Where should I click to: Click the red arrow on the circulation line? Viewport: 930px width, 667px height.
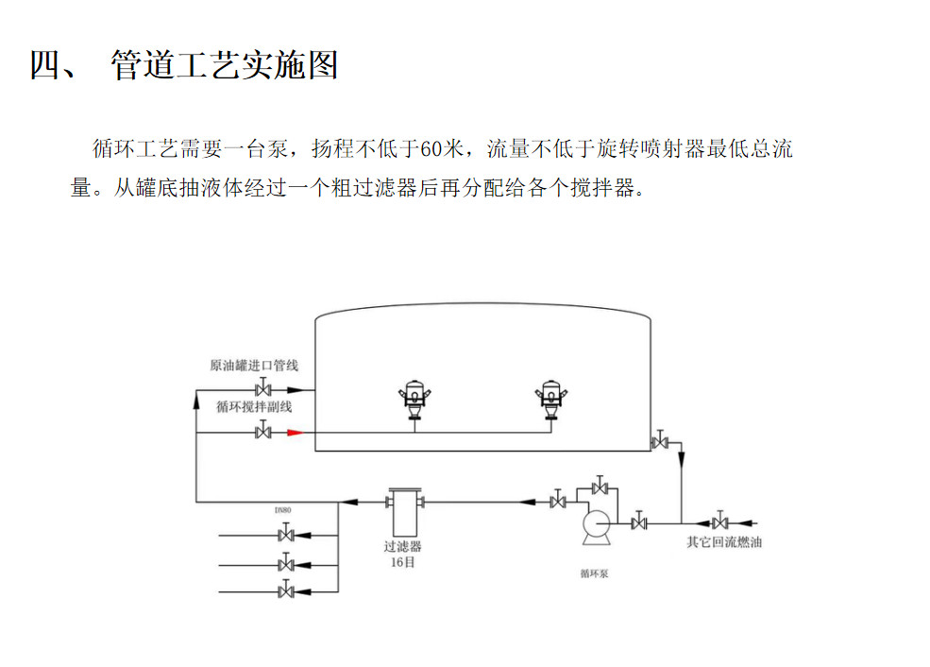[x=294, y=433]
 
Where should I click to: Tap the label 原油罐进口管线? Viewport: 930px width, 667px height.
[x=254, y=366]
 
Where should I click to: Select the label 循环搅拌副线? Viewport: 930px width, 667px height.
[x=254, y=407]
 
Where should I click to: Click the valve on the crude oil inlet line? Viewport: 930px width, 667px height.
[x=264, y=388]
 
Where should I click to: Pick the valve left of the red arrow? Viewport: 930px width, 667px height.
[x=264, y=433]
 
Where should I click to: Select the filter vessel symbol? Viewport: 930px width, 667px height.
[x=404, y=510]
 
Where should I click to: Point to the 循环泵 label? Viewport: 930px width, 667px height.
[x=594, y=573]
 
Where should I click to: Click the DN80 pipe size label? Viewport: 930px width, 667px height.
[x=283, y=510]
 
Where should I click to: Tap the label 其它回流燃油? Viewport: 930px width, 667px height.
[x=724, y=543]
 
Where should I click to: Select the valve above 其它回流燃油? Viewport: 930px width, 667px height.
[x=720, y=522]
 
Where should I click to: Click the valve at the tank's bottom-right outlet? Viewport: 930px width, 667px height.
[x=660, y=441]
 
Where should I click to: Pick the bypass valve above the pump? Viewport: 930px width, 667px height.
[x=599, y=487]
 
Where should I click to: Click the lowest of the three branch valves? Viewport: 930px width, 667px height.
[x=285, y=591]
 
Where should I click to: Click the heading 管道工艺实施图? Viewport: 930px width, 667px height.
[x=224, y=66]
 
